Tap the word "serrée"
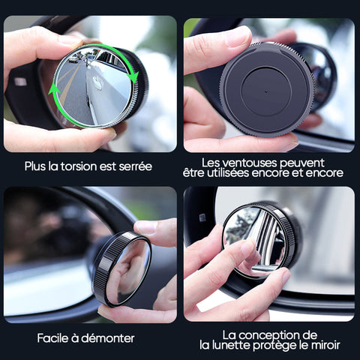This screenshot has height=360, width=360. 135,166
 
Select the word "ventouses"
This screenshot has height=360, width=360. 249,163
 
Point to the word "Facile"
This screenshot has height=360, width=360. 52,338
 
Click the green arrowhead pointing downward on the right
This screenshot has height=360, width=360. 133,76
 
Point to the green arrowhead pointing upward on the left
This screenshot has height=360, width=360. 54,89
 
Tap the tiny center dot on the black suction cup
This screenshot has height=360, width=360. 266,91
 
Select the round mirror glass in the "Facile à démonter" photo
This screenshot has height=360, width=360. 129,272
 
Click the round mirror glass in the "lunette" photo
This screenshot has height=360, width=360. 255,241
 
